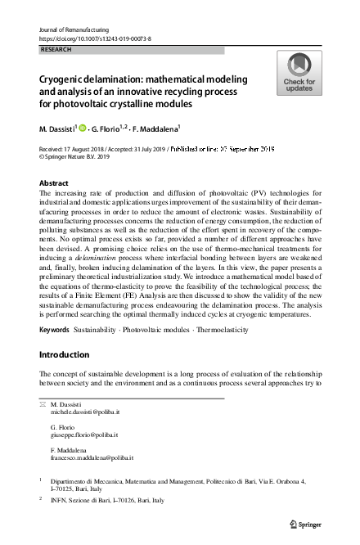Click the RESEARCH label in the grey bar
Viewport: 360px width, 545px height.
click(x=56, y=49)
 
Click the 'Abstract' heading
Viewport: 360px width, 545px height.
click(x=54, y=183)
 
